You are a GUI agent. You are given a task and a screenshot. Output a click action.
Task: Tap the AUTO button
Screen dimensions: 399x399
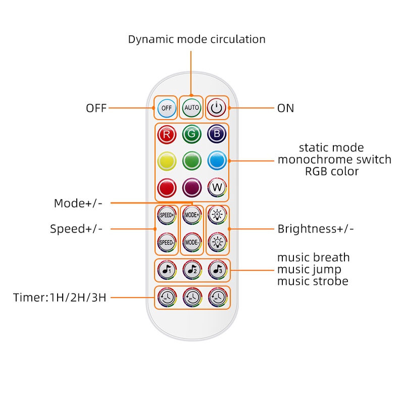[x=191, y=108]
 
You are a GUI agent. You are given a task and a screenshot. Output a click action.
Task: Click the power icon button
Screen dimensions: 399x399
[x=216, y=108]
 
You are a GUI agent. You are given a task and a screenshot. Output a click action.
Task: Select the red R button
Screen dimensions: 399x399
[x=166, y=134]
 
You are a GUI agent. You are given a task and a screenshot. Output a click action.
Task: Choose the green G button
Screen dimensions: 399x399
[x=191, y=134]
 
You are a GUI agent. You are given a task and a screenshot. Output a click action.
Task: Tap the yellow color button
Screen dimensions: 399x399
[x=166, y=161]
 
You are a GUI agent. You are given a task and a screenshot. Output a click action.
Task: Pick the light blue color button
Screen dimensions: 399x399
[x=217, y=161]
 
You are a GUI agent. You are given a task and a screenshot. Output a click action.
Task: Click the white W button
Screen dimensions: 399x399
[x=217, y=188]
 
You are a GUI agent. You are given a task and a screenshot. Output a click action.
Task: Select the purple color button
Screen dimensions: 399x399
[x=191, y=188]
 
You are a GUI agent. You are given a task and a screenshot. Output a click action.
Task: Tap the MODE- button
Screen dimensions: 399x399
[x=191, y=241]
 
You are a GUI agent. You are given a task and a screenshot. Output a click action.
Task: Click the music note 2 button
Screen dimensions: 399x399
[x=191, y=270]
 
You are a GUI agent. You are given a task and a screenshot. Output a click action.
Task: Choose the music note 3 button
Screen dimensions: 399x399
[x=217, y=270]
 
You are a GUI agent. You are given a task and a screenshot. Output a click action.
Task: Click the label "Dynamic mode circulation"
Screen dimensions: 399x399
[x=196, y=39]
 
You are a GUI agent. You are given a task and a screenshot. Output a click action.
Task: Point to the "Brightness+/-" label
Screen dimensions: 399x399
[x=316, y=229]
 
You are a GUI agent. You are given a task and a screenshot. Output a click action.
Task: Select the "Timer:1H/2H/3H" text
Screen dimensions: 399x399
[x=60, y=297]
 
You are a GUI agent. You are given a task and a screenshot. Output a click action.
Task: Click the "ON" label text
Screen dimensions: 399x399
[x=285, y=108]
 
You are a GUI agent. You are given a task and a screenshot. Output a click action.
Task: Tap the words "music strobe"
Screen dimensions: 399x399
[x=313, y=281]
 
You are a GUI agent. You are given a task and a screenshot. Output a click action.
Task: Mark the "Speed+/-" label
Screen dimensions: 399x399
[x=76, y=229]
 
